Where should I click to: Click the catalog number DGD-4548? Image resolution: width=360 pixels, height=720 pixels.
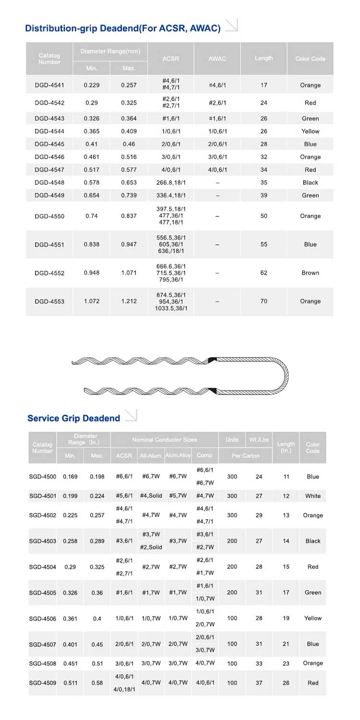pos(49,182)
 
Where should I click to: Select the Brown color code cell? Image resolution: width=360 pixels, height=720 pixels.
pos(310,273)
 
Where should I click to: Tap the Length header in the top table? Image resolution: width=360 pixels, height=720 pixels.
pos(264,58)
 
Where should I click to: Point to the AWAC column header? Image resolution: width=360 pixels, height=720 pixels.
pos(217,59)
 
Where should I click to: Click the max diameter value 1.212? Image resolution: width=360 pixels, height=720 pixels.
pos(129,301)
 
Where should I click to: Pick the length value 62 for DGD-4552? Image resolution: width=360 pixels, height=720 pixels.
pos(264,273)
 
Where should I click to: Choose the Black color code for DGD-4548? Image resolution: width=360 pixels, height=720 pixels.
pos(310,182)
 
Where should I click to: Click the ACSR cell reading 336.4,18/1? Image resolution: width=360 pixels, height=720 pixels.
pos(171,195)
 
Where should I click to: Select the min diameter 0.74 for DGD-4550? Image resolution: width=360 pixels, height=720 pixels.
pos(91,216)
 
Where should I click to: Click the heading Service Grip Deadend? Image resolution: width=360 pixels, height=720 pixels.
pos(73,418)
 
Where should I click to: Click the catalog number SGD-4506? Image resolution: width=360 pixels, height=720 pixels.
pos(42,618)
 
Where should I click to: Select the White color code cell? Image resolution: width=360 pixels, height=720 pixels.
pos(312,496)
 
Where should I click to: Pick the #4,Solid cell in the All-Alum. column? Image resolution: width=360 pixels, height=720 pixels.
pos(151,496)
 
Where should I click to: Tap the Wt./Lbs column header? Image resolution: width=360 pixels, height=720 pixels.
pos(259,440)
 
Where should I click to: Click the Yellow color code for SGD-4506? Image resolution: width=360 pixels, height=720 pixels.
pos(312,618)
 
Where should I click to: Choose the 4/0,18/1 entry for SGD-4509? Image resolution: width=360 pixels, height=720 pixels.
pos(124,690)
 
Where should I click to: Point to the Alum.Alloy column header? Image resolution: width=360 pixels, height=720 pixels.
pos(178,455)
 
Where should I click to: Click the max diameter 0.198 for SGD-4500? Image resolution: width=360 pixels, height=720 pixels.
pos(97,477)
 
